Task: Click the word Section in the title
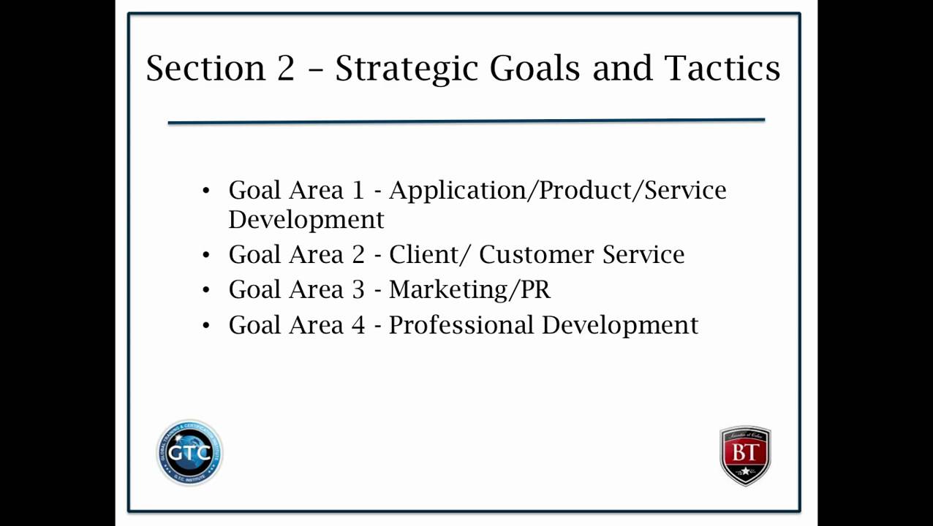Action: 205,68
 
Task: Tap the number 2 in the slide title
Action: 285,68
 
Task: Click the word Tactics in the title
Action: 722,68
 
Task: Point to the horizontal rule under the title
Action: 466,121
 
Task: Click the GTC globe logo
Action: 189,452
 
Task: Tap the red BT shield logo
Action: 745,455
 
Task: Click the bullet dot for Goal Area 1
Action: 206,191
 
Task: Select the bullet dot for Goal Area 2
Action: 206,255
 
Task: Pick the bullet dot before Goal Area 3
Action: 206,290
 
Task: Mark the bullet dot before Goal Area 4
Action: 206,325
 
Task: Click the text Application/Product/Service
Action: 557,191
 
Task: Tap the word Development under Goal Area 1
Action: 306,220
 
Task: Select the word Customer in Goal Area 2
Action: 536,255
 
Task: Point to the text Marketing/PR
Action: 469,290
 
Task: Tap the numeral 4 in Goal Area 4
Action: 358,325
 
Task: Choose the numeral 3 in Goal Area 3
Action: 358,290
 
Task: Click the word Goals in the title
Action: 535,68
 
